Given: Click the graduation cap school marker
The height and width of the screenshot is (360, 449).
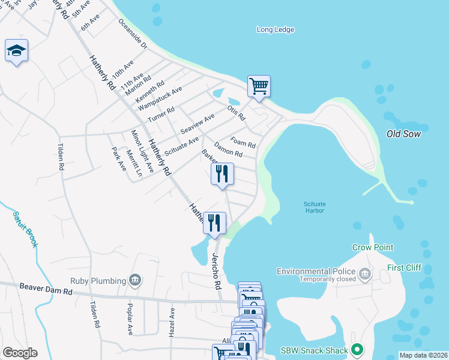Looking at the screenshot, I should coord(16,51).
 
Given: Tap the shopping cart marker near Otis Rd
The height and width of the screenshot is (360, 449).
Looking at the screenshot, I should coord(259,86).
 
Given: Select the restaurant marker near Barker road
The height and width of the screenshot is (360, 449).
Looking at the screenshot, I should coord(222,174).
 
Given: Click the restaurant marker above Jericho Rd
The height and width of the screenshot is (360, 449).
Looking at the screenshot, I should coord(214,223).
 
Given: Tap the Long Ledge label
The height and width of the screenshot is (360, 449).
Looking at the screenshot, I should coord(276,29).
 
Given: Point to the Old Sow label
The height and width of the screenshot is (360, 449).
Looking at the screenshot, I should coord(403,134).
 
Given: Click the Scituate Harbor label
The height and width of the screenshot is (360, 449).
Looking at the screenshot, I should coord(314,207).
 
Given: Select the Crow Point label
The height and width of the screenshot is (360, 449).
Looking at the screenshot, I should coord(373,247).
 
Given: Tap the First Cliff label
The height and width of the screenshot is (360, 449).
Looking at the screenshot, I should coord(405,268).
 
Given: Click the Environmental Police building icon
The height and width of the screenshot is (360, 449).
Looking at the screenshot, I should coord(364,275).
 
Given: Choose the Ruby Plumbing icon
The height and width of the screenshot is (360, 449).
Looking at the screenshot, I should coord(135,280).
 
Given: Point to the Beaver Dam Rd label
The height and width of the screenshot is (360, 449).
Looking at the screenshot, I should coord(46,291).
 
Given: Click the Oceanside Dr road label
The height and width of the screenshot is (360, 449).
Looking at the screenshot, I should coord(133,34).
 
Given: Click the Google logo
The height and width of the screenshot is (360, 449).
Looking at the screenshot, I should coord(20,353).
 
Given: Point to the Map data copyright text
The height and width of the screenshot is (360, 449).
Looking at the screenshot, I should coord(423,355).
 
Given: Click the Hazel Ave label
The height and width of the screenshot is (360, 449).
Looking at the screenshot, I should coord(172,322).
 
